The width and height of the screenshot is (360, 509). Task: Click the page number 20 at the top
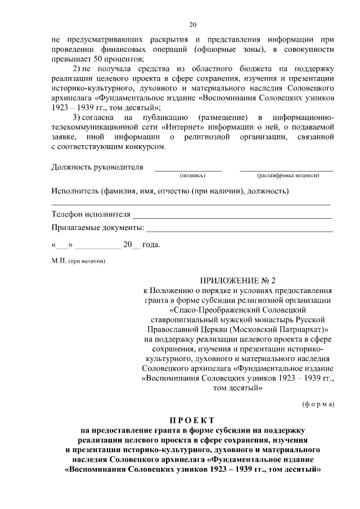coord(193,25)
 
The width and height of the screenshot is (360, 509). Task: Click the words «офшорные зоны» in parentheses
coord(220,50)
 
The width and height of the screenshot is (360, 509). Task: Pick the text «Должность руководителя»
coord(97,168)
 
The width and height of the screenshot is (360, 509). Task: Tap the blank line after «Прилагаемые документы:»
coord(239,230)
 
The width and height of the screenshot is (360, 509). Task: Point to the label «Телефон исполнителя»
coord(91,215)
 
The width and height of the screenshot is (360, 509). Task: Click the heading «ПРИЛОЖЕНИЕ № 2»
coord(238,280)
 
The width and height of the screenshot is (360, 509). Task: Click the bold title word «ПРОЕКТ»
coord(193,421)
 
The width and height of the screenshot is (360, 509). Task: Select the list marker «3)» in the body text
coord(79,117)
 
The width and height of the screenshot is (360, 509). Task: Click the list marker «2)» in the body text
coord(79,69)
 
